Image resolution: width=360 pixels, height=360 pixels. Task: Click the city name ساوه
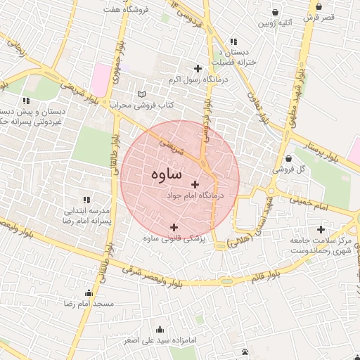click(166, 174)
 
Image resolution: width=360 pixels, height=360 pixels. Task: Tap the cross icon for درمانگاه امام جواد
click(195, 184)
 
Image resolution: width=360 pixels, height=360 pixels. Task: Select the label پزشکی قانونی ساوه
click(174, 239)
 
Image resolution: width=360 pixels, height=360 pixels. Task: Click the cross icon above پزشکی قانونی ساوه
click(174, 226)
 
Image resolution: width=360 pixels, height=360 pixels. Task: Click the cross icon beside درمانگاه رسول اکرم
click(198, 69)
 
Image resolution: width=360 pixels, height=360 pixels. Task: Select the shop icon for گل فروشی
click(290, 157)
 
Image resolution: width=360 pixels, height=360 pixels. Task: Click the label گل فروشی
click(289, 169)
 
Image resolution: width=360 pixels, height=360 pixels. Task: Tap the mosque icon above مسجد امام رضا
click(89, 292)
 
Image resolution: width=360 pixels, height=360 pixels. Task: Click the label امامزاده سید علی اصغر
click(161, 340)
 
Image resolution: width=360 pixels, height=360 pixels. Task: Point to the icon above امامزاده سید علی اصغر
click(160, 328)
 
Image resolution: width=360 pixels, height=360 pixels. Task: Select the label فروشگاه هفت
click(122, 10)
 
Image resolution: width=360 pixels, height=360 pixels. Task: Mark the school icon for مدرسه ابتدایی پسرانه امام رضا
click(87, 200)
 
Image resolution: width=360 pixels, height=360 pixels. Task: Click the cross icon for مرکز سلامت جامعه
click(321, 229)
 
